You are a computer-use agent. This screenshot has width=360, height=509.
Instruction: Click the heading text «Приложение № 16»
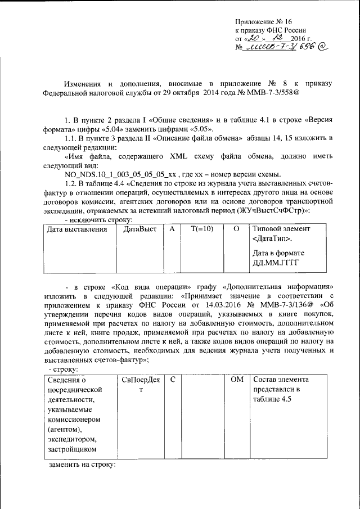point(262,20)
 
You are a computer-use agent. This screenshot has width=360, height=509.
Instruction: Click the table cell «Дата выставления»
point(76,229)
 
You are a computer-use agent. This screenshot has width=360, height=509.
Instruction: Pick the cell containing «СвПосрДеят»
point(141,385)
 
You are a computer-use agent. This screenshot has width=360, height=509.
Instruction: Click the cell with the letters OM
point(237,380)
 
